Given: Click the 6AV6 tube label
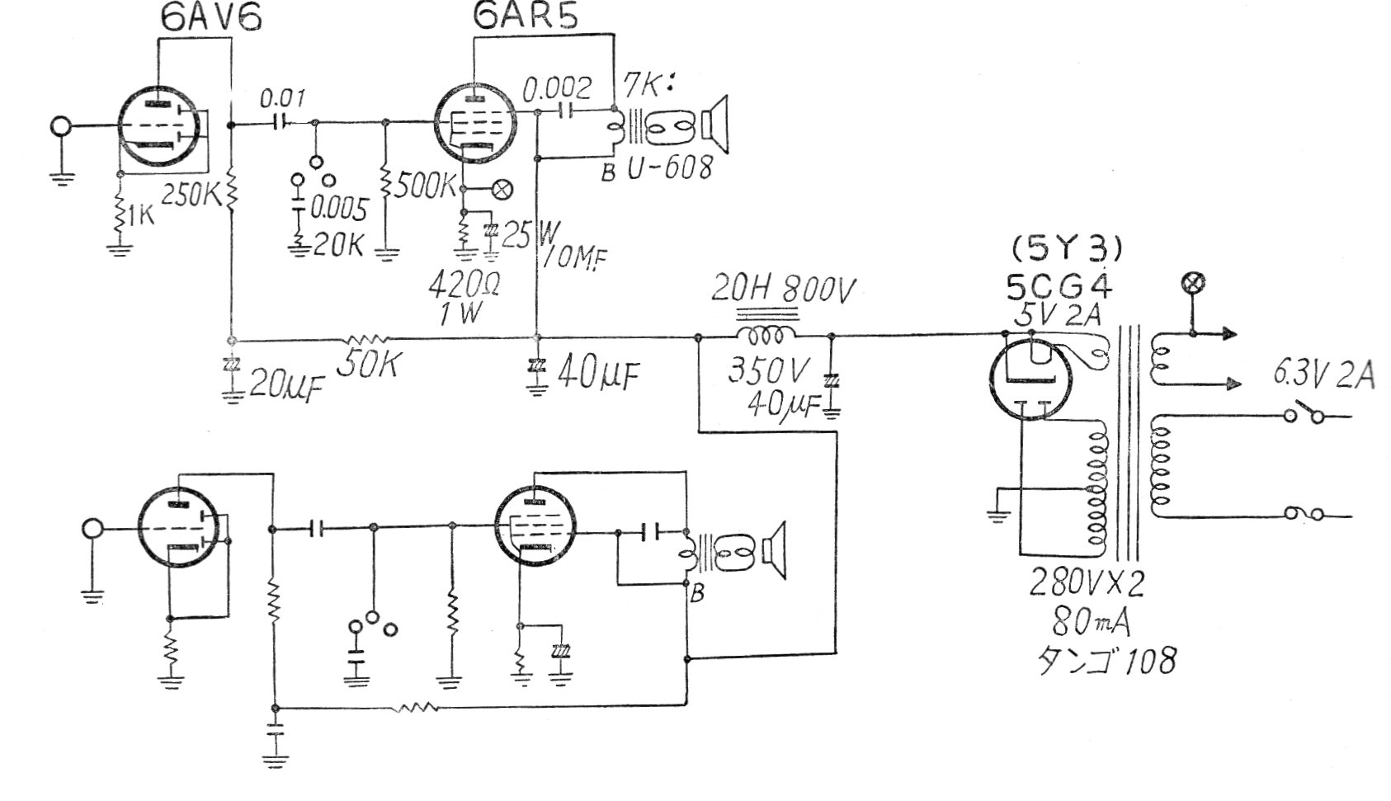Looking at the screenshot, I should pos(210,18).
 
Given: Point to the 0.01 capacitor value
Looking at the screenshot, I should pos(283,100).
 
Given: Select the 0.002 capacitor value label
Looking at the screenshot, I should pos(559,87).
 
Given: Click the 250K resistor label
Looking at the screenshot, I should pos(191,194).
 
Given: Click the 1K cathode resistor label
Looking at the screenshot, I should pos(141,216).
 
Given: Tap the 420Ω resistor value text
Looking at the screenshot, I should pos(462,285).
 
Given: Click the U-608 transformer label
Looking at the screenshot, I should pos(669,168).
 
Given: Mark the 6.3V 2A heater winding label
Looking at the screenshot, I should pos(1323,376).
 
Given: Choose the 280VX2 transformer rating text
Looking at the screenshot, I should pos(1087,583).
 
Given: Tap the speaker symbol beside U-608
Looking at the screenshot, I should pos(715,125).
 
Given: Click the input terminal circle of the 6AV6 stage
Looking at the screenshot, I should pos(60,127).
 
